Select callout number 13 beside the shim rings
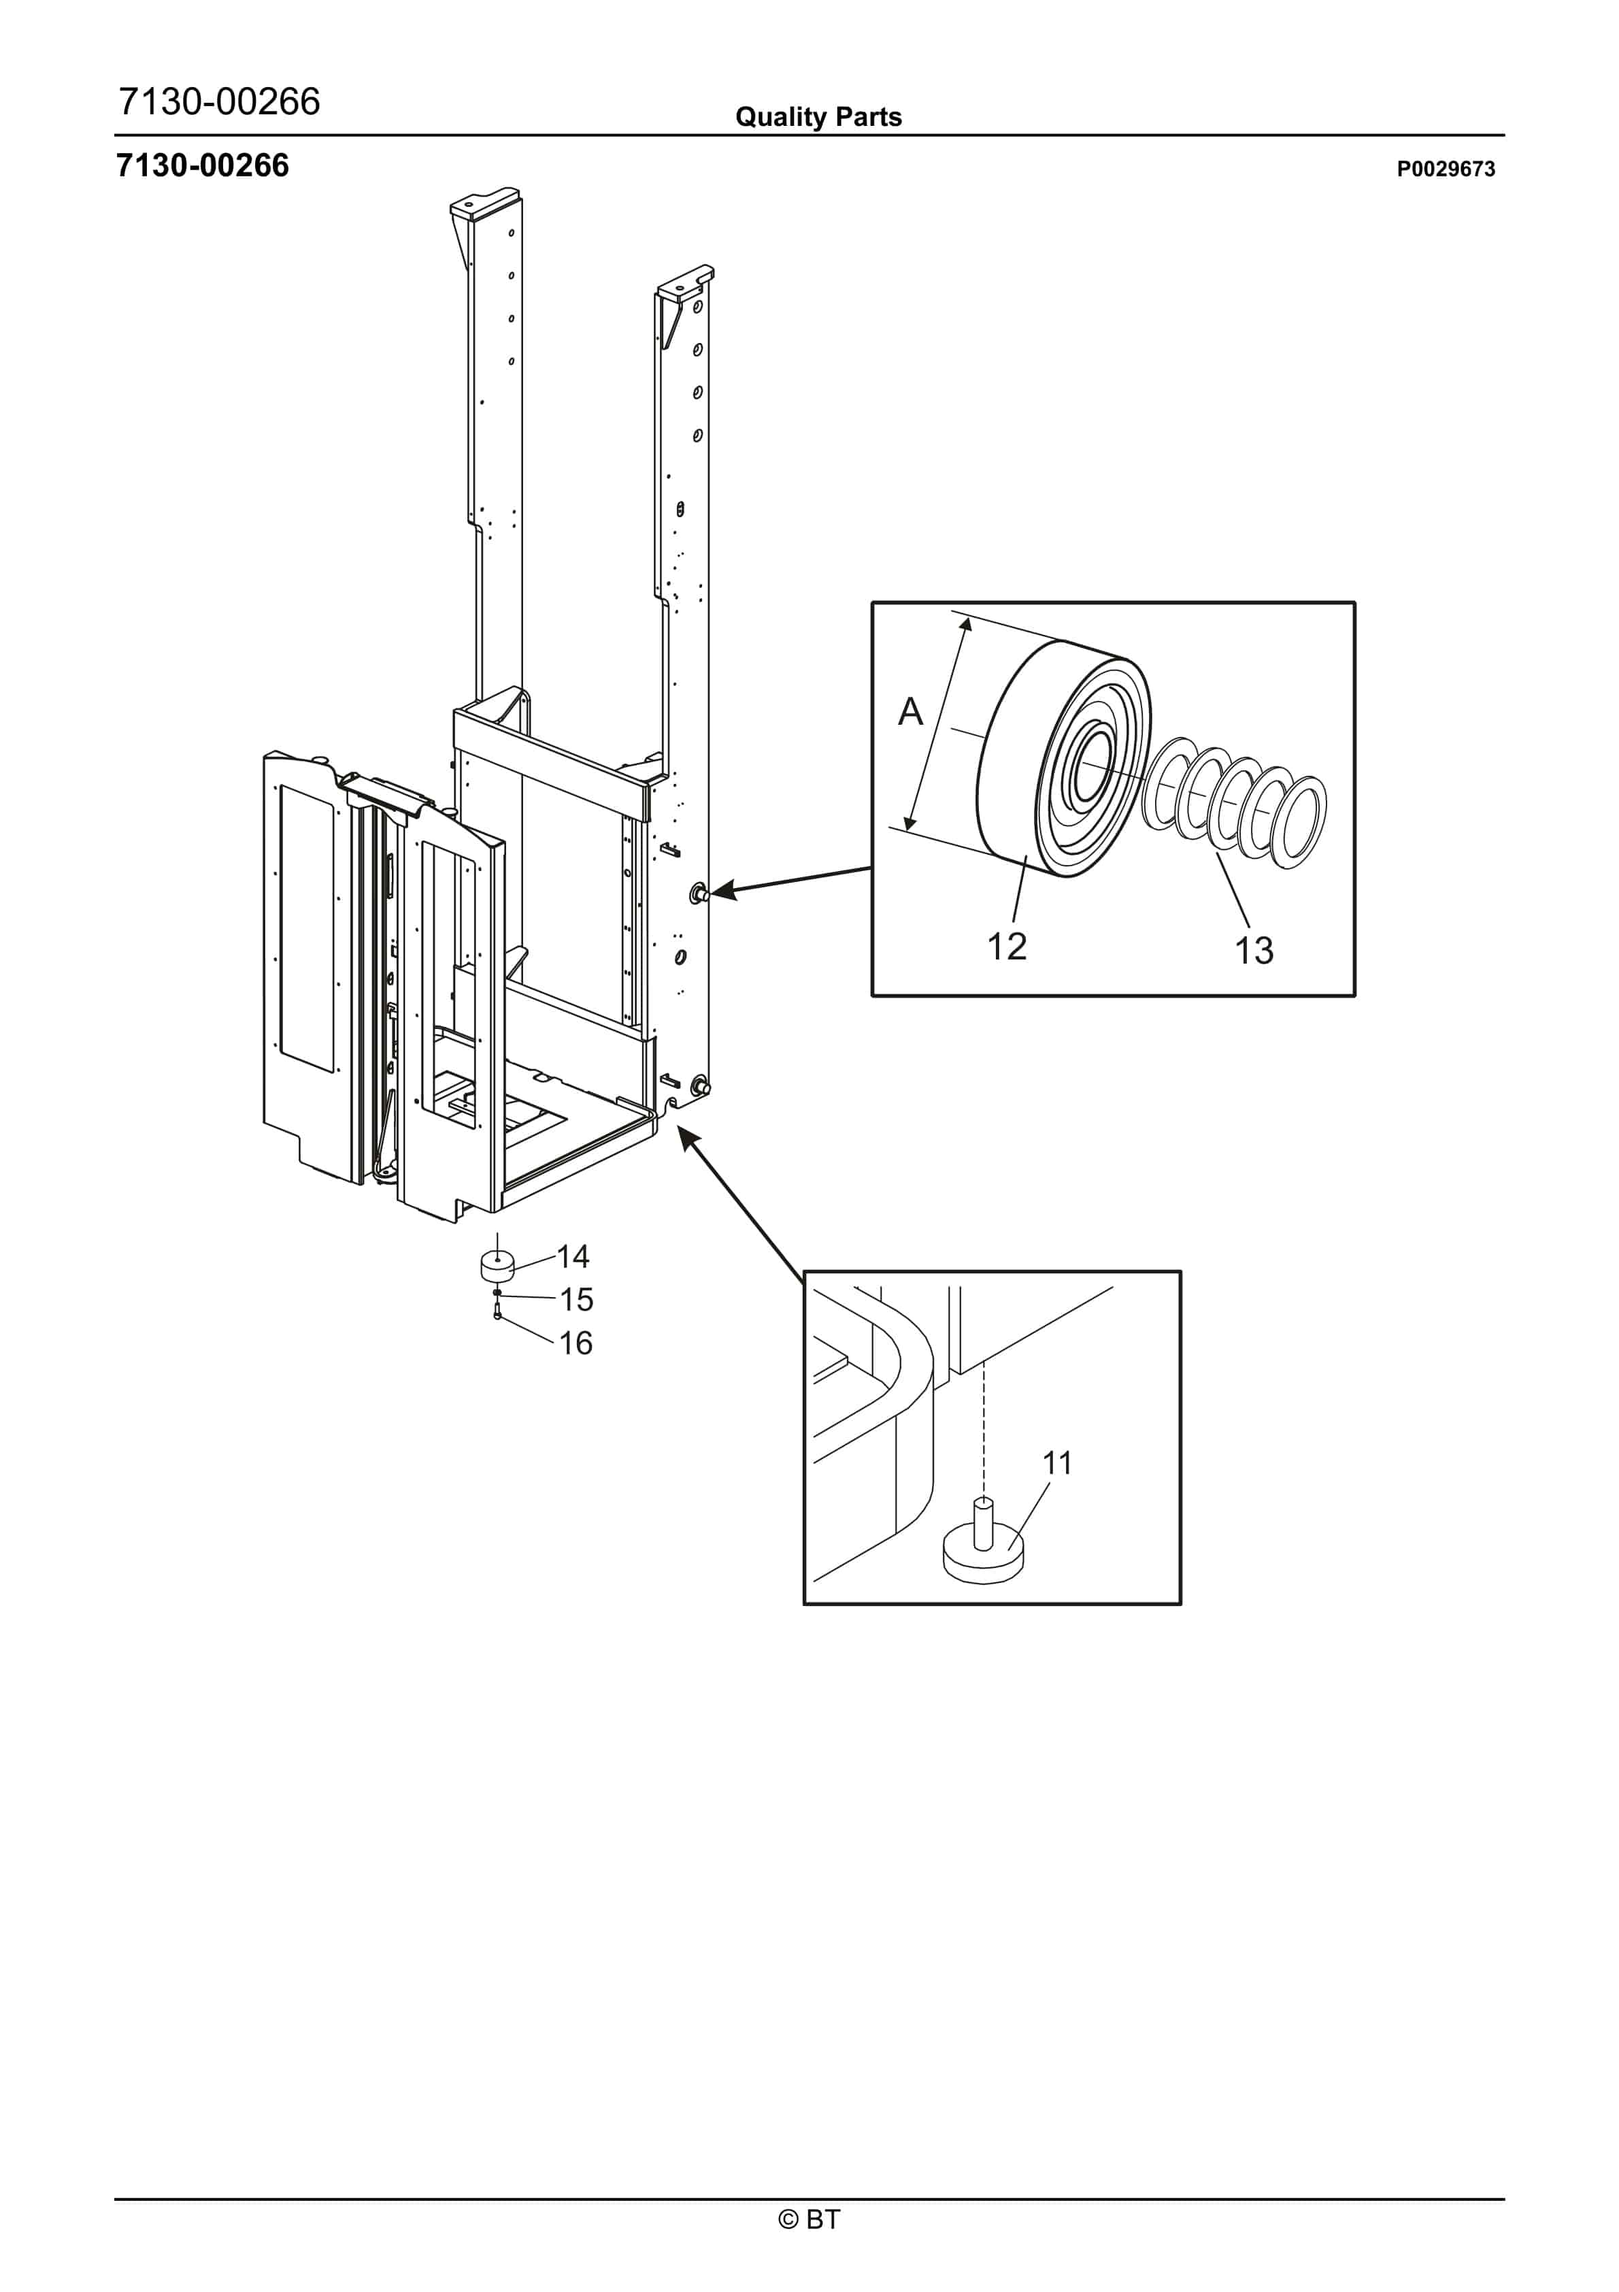pos(1254,950)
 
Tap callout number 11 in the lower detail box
pos(1057,1463)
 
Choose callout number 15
pos(576,1300)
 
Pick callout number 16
pos(576,1343)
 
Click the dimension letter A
pos(910,712)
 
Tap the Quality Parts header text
pos(818,117)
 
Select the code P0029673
pos(1446,169)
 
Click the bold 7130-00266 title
pos(203,166)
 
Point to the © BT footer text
pos(809,2219)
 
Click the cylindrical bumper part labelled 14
pos(497,1266)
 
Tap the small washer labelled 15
pos(497,1294)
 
